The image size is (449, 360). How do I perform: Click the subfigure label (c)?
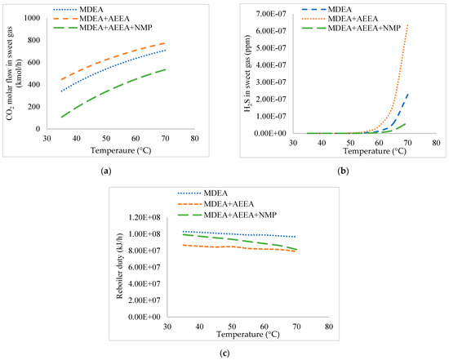(224, 353)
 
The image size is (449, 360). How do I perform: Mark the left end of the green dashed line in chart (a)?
(60, 117)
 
